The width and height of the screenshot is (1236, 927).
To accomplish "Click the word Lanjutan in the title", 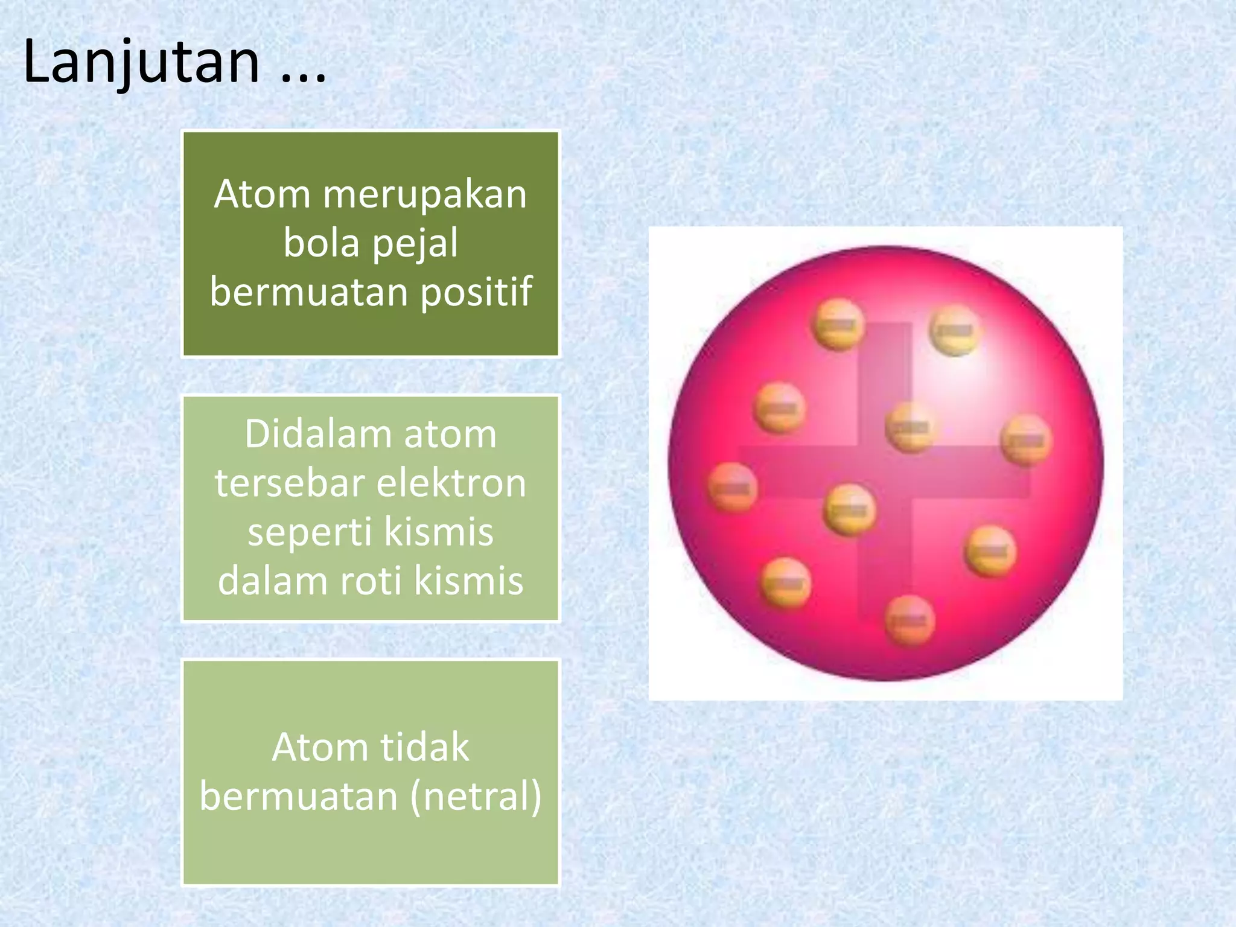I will pos(141,62).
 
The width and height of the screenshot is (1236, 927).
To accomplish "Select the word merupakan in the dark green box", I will pos(424,196).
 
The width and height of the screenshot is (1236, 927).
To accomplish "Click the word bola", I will pos(320,243).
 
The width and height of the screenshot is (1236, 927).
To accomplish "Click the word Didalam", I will pos(319,434).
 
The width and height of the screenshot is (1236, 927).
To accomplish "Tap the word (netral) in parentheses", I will pos(476,797).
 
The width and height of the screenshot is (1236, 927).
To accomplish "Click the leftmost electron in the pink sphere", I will pos(732,487).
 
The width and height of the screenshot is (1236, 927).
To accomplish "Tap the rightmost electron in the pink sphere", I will pos(1026,440).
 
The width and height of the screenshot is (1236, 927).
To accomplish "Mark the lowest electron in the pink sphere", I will pos(909,620).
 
